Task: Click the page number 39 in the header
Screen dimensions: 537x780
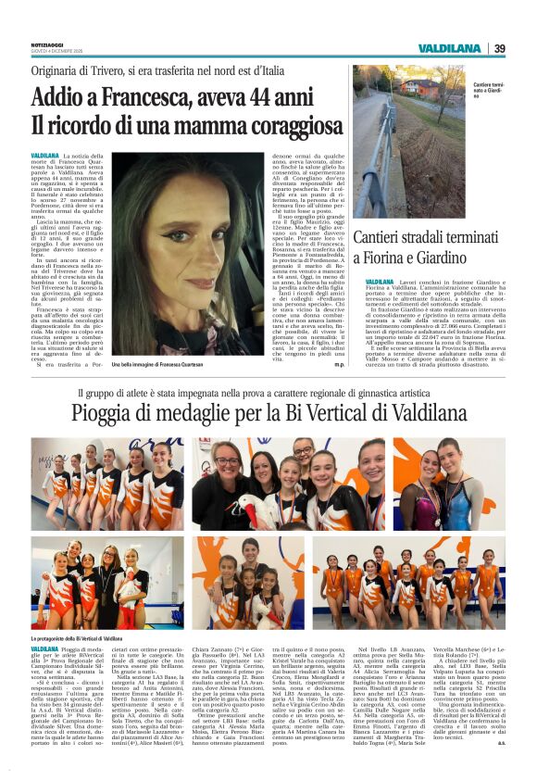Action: pos(500,48)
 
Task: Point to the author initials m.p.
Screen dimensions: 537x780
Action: pos(340,365)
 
